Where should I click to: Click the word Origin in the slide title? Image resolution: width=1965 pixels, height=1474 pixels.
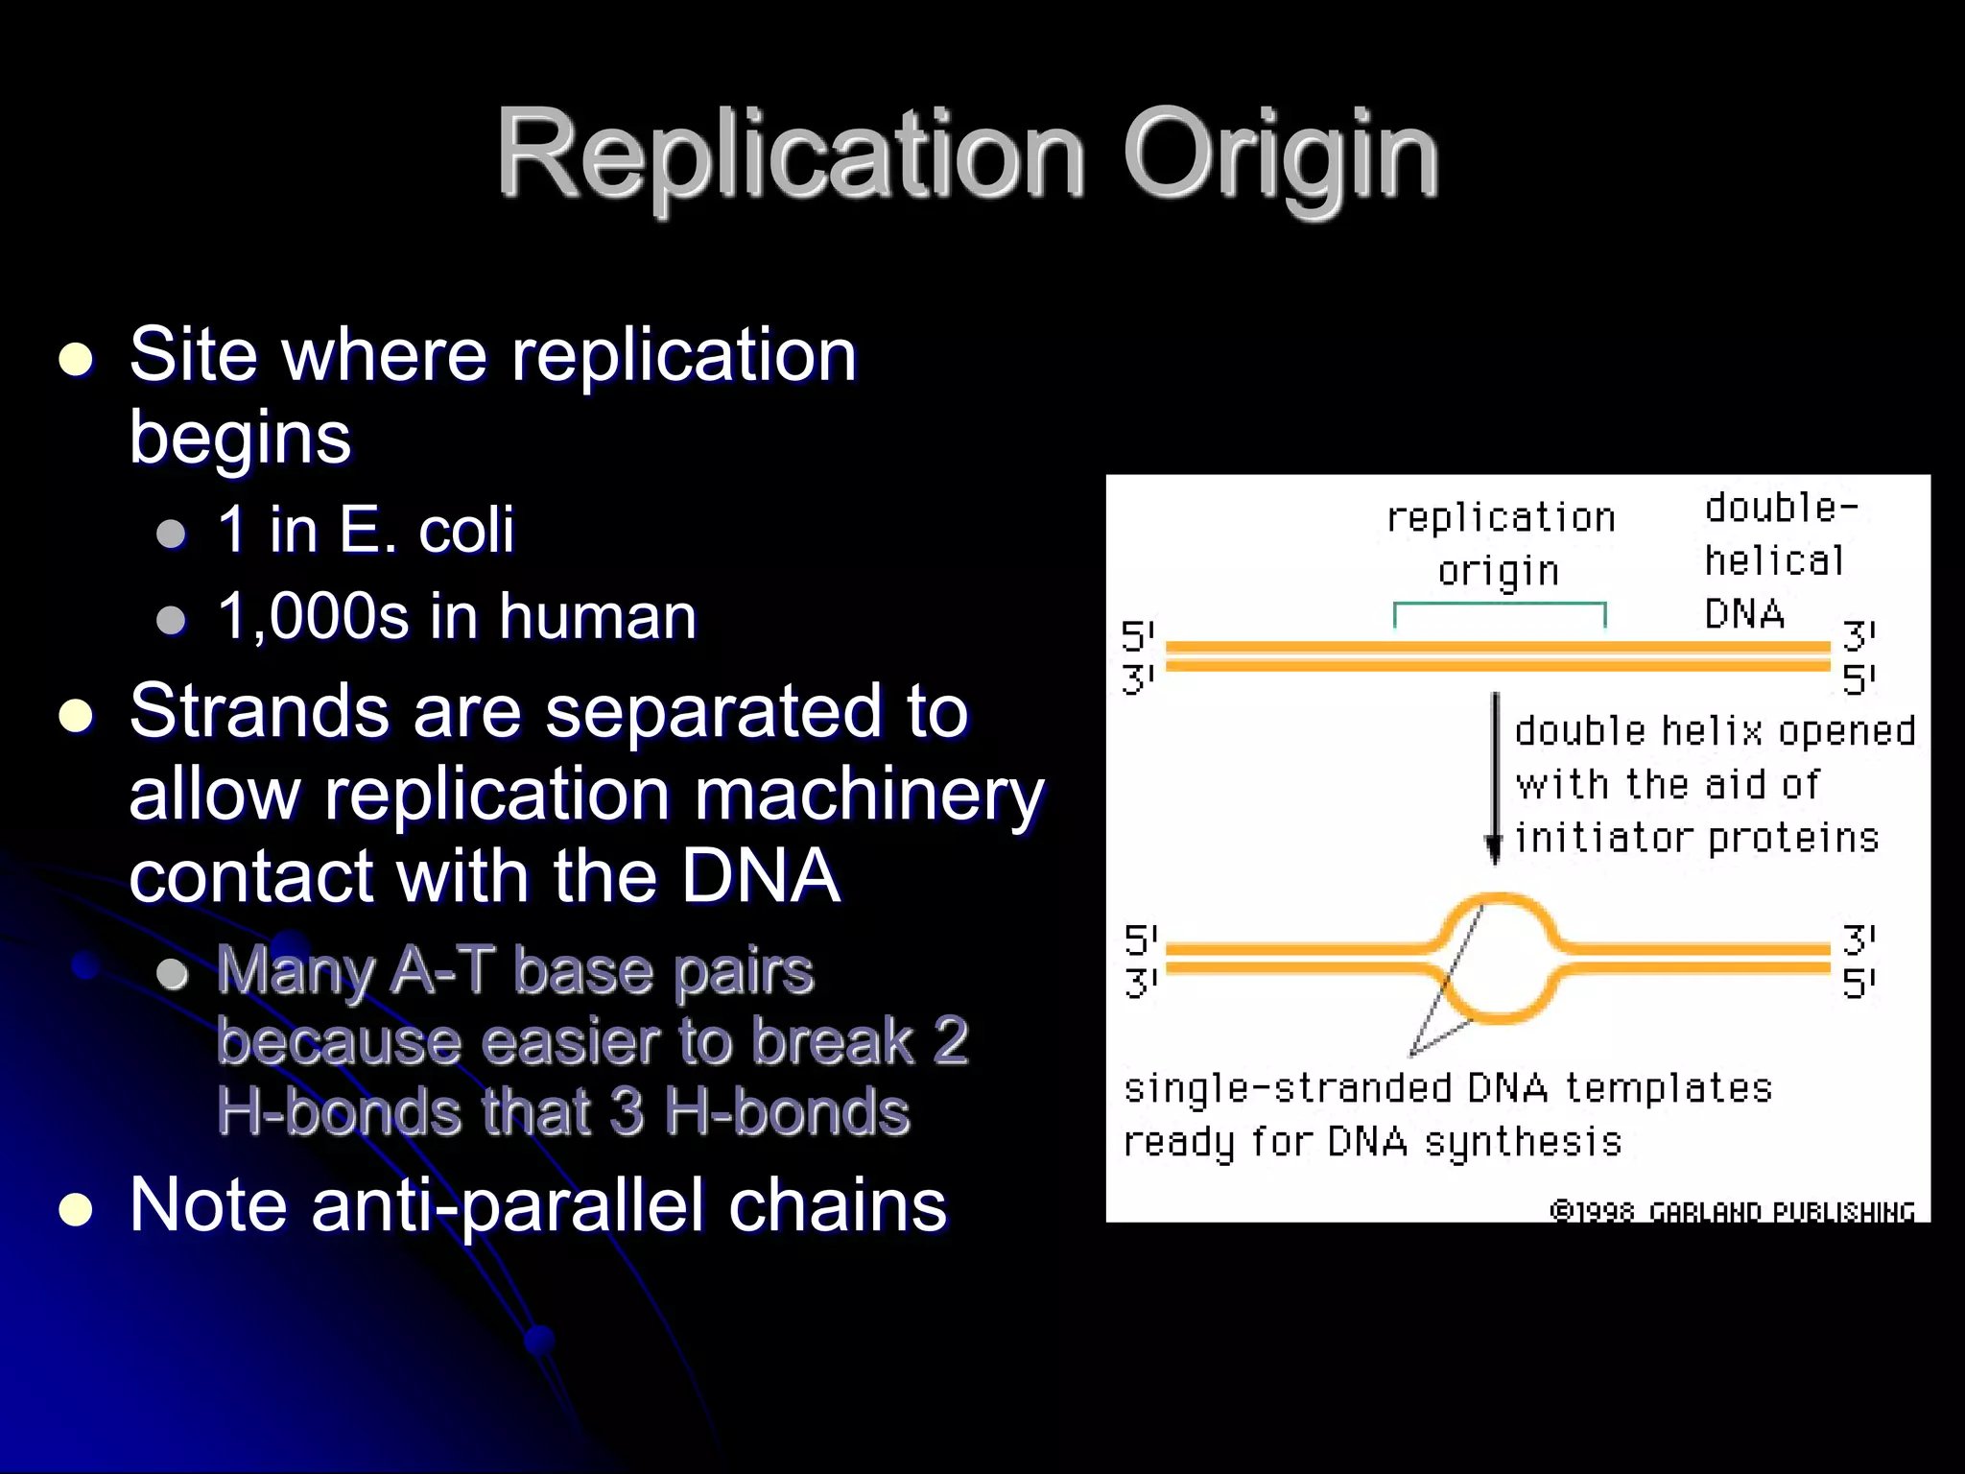pos(1281,154)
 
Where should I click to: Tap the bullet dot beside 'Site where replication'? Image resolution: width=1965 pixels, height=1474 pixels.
pos(76,360)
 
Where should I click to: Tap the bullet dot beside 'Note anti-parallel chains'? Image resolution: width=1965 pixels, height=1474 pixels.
pos(76,1210)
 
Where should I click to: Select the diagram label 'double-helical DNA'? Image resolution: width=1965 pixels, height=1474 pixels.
pos(1775,560)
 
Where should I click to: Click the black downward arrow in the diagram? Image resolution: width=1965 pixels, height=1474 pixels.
pos(1494,777)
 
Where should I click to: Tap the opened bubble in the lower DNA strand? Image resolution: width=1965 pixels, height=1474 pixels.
pos(1499,958)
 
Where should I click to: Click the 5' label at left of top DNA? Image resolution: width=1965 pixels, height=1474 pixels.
pos(1138,636)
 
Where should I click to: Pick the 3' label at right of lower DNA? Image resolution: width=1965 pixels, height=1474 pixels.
pos(1858,939)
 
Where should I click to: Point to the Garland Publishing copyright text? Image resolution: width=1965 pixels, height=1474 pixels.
pos(1732,1212)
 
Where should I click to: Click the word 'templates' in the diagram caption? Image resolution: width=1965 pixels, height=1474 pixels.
pos(1668,1088)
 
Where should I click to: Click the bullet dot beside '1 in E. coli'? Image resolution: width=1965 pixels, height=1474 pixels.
pos(171,534)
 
